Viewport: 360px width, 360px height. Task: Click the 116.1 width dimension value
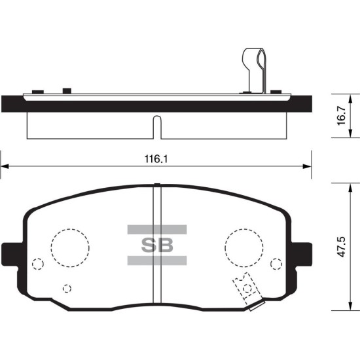tap(156, 159)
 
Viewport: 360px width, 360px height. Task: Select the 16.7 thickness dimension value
tap(342, 115)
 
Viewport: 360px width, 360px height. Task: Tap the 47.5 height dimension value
tap(342, 247)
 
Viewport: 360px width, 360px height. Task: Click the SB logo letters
tap(157, 245)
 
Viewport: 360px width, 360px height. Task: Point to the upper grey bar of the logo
tap(157, 229)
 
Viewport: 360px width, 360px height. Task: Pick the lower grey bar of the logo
tap(157, 261)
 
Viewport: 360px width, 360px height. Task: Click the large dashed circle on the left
tap(70, 229)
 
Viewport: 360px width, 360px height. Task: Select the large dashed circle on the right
tap(244, 229)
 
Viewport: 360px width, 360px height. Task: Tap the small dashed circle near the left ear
tap(38, 259)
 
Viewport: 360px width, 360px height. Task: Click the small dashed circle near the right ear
tap(276, 259)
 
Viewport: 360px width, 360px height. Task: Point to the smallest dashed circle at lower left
tap(67, 285)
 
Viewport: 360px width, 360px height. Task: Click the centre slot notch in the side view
tap(157, 127)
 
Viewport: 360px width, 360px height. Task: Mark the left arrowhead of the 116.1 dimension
tap(5, 166)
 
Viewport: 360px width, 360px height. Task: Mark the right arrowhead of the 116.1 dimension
tap(307, 166)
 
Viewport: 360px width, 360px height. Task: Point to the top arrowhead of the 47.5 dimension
tap(350, 188)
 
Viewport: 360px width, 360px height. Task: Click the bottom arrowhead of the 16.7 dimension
tap(350, 133)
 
